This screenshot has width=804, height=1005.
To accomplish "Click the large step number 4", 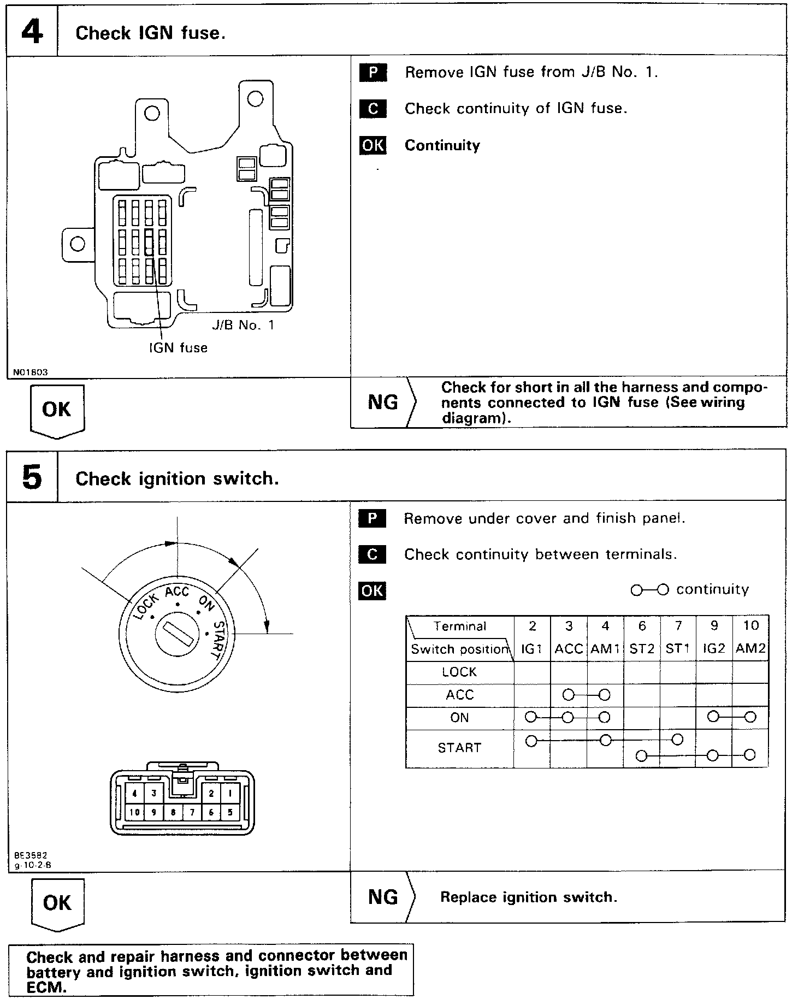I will point(32,32).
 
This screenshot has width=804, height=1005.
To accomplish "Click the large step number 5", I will point(32,477).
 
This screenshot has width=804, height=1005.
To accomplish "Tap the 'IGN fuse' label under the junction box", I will point(179,348).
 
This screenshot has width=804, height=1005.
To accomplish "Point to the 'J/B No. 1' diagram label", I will point(243,326).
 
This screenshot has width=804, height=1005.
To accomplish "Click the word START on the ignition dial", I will point(218,640).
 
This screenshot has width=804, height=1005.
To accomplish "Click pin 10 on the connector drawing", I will point(134,812).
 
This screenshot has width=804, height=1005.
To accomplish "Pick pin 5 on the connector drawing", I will point(230,812).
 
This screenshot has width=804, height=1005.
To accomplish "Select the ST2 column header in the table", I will point(642,649).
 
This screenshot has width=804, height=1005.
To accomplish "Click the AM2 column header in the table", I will point(750,649).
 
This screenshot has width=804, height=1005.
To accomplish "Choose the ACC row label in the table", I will point(459,695).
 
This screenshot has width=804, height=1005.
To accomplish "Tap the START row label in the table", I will point(459,747).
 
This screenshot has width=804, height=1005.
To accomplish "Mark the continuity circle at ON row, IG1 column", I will point(530,717).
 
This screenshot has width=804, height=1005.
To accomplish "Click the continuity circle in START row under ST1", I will point(677,740).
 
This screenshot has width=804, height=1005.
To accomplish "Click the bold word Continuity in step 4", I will point(442,145).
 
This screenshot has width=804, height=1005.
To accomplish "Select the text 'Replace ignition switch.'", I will point(529,897).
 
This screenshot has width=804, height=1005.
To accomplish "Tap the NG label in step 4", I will point(383,402).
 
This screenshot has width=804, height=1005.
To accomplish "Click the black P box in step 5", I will point(373,518).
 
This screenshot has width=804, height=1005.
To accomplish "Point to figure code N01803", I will point(31,373).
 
